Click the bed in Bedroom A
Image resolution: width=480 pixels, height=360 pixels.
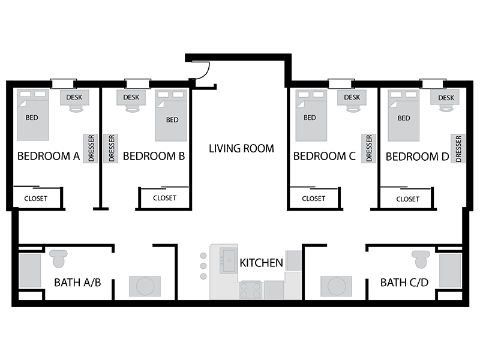33,115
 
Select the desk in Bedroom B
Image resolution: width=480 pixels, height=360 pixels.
131,97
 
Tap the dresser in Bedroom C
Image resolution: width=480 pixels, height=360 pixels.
368,148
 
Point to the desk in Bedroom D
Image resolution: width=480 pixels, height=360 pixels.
445,97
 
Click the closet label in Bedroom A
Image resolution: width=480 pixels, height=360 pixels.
36,199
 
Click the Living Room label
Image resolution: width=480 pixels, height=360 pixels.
241,148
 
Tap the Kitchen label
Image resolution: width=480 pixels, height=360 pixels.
261,263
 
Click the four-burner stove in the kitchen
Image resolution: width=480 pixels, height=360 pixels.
251,290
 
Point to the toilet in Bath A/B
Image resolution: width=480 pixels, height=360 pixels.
58,259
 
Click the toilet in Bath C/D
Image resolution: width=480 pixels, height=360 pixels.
421,259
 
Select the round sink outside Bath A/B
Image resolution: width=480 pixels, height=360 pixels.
145,286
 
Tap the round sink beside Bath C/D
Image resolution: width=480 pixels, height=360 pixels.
336,286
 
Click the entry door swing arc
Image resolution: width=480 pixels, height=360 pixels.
206,71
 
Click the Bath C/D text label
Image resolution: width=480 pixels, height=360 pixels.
404,282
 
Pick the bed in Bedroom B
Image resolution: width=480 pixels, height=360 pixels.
171,115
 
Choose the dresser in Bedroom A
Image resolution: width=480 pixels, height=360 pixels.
91,148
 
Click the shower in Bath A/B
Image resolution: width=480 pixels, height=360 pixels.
30,271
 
